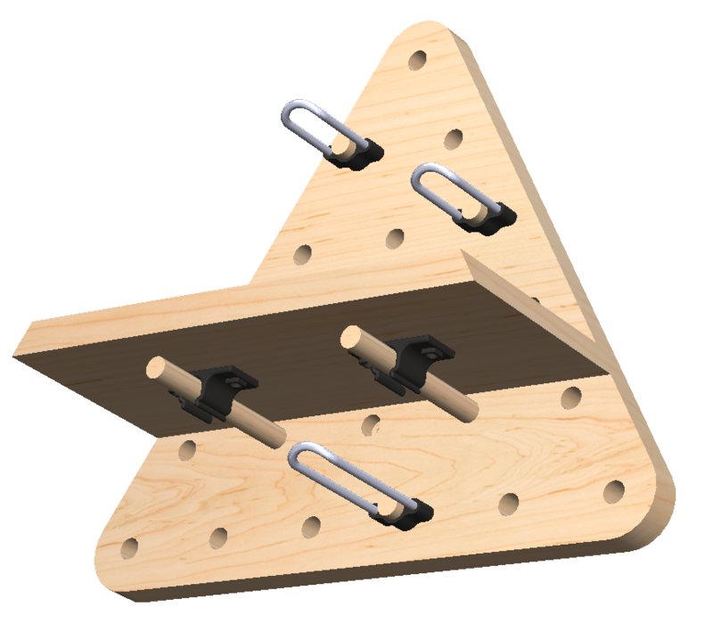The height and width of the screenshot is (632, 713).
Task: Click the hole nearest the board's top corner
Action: (x=417, y=62)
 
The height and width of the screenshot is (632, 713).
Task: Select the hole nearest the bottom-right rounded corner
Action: (x=614, y=491)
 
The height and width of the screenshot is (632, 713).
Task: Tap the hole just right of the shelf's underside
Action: (x=571, y=398)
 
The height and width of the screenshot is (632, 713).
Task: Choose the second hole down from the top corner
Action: (x=454, y=139)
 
